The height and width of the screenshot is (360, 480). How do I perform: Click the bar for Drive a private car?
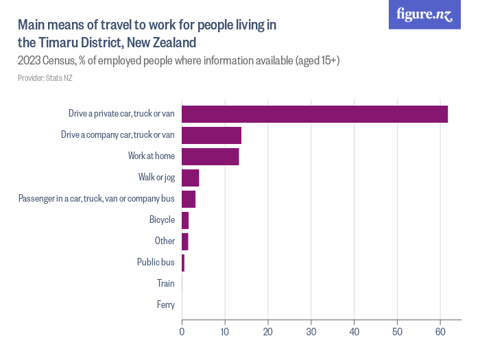coord(314,114)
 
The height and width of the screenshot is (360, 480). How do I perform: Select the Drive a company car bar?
coord(211,135)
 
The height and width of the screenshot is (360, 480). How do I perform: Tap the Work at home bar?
coord(210,156)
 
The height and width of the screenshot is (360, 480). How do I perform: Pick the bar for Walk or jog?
coord(190,178)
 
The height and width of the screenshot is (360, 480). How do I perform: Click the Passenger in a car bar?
coord(189,199)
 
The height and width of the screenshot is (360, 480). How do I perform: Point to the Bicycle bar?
coord(185,220)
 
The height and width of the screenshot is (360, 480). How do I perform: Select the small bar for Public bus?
coord(183,263)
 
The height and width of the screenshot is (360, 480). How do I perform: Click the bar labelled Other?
coord(184,241)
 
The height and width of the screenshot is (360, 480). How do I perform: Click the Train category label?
coord(165,283)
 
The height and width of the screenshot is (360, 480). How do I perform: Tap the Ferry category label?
coord(165,304)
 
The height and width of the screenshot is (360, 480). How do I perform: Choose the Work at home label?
coord(151,156)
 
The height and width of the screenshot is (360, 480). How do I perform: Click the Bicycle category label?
coord(162,220)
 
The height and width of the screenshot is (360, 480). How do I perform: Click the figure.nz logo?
coord(424,15)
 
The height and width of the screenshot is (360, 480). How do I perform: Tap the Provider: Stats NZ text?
coord(45,78)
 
